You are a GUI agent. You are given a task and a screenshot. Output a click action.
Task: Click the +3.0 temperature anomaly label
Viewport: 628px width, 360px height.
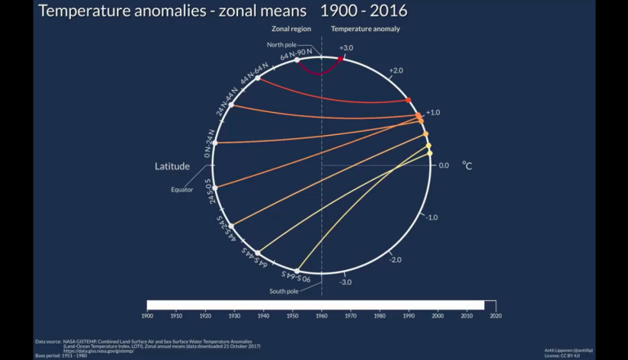[x=347, y=48]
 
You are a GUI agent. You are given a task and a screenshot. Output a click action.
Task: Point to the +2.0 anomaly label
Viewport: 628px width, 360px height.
[x=397, y=71]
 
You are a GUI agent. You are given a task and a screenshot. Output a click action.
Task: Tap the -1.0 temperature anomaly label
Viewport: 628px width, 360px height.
[x=433, y=217]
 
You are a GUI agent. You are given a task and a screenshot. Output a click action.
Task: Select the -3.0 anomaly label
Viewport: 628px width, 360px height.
[x=347, y=281]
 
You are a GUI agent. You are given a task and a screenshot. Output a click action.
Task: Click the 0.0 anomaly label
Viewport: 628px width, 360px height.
[x=444, y=165]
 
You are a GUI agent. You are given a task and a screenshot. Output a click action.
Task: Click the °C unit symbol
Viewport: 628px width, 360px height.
[x=467, y=165]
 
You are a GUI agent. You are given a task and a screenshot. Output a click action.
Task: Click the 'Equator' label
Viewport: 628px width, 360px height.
[x=182, y=190]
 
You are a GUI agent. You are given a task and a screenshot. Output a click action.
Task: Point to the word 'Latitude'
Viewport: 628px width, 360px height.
[x=173, y=167]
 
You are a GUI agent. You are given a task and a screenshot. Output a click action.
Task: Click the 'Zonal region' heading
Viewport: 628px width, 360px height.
[x=293, y=29]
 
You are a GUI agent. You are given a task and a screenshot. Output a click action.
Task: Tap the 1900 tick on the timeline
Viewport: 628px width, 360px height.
[x=147, y=314]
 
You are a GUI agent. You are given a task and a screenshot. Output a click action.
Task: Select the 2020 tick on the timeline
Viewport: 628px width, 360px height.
[x=496, y=314]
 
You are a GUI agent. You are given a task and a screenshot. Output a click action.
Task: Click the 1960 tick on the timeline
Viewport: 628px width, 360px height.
[x=321, y=314]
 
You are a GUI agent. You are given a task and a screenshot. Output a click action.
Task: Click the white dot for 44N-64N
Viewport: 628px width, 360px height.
[x=258, y=78]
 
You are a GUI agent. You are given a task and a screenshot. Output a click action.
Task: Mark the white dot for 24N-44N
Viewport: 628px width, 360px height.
[x=231, y=106]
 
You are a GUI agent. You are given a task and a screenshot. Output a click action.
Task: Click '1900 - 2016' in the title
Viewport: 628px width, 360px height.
[x=364, y=12]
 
